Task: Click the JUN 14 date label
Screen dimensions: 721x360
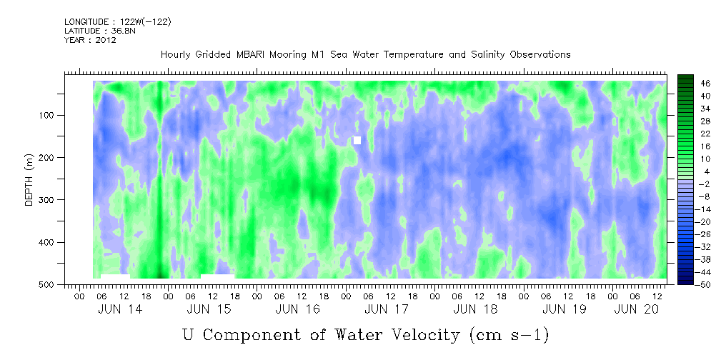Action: point(120,310)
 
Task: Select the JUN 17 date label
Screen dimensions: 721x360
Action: point(387,310)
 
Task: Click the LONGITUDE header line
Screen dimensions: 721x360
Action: point(118,21)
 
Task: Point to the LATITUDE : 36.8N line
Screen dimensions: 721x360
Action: point(100,31)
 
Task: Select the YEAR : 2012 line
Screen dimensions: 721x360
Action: point(90,40)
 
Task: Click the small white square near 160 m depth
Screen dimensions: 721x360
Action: point(357,140)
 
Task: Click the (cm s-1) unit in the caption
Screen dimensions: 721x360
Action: point(509,336)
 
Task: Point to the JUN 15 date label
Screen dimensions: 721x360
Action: point(209,310)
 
